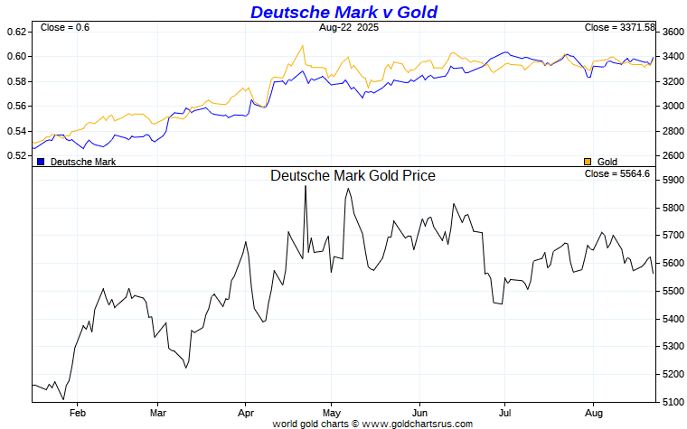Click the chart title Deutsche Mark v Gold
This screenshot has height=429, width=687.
(343, 12)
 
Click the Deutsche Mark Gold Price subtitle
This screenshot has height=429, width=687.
(353, 175)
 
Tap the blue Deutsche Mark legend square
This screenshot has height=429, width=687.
(41, 162)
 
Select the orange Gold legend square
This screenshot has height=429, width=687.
(588, 162)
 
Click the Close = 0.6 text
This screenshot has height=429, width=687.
(65, 28)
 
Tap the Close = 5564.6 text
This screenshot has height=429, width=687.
(617, 173)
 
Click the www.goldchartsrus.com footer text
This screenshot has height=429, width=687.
(418, 423)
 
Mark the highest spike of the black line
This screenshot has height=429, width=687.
(306, 186)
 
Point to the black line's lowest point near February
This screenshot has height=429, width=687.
(63, 398)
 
